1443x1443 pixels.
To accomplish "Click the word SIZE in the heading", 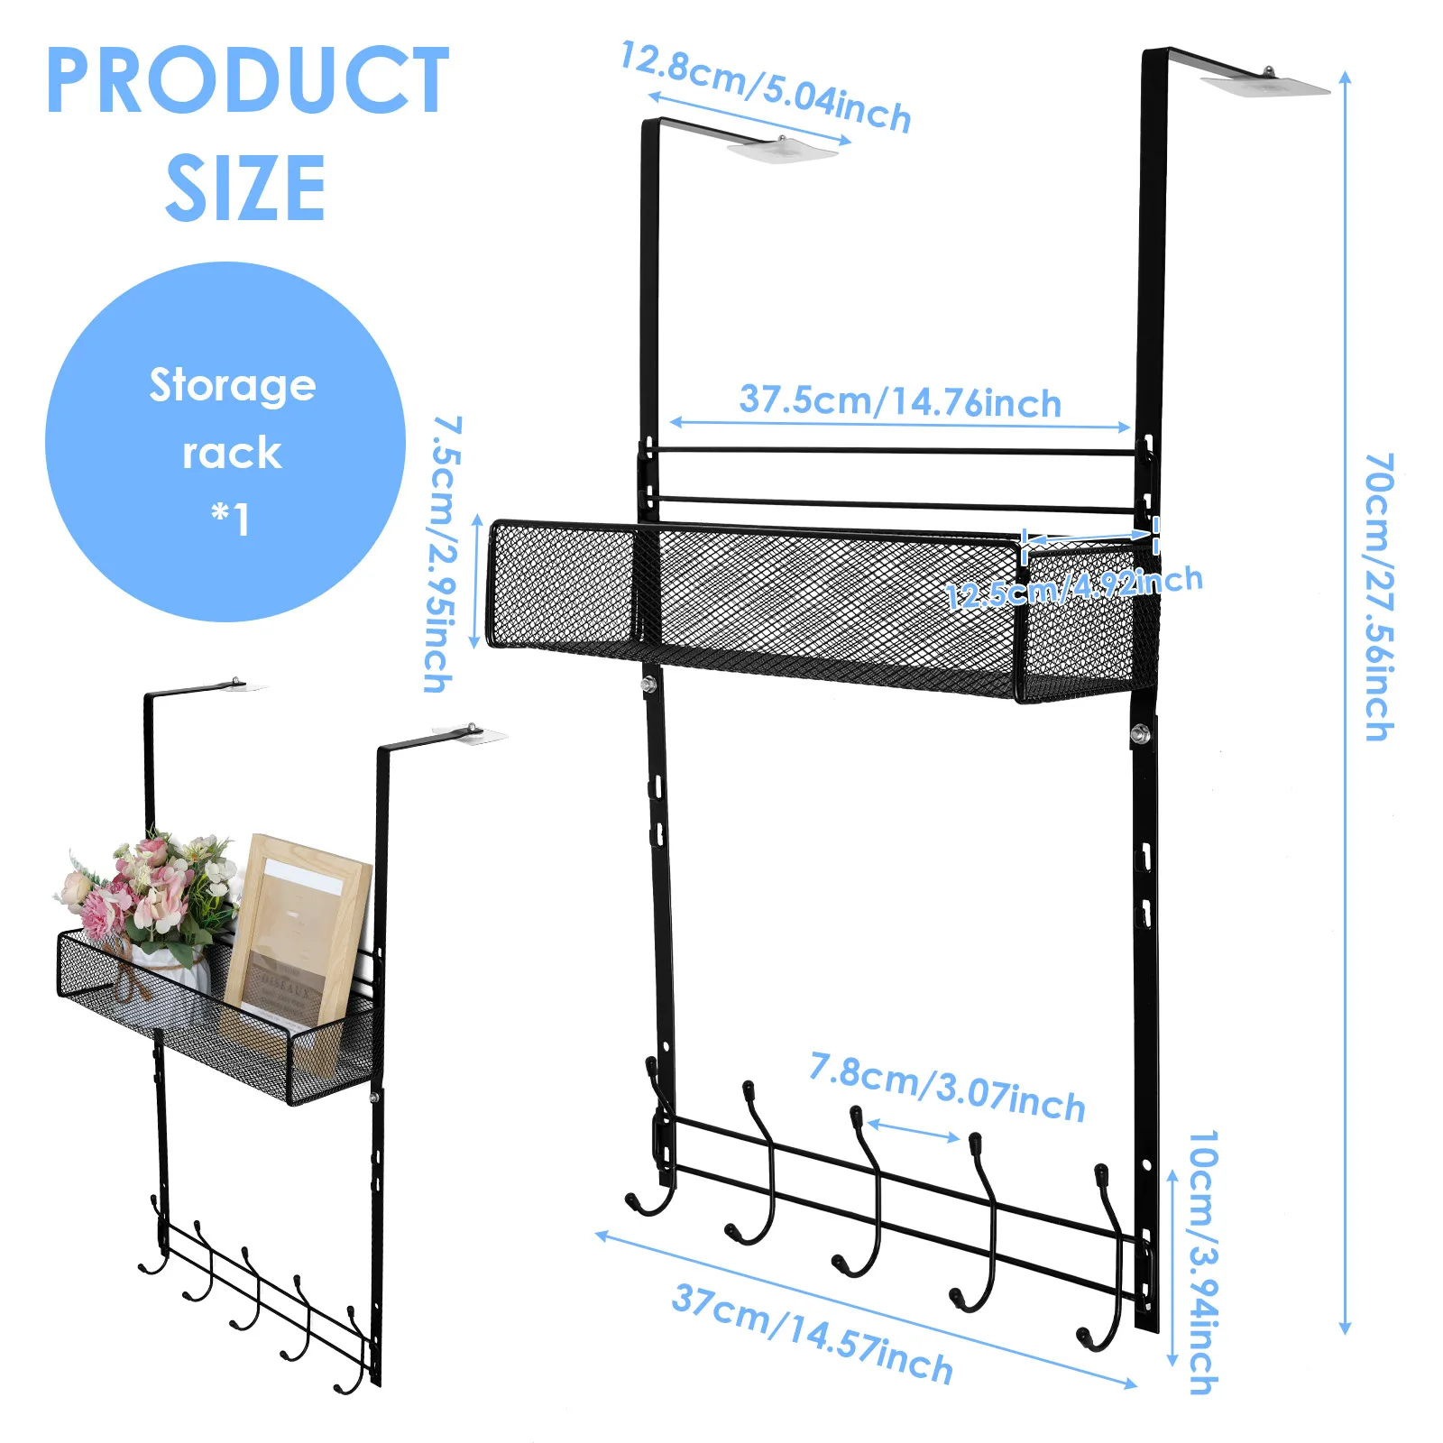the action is coord(245,188).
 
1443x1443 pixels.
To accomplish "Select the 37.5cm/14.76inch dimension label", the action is coord(900,401).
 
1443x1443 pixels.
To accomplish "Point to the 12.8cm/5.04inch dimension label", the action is coord(766,88).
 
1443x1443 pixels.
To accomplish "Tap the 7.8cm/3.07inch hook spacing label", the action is coord(947,1088).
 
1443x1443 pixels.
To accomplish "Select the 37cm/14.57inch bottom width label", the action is coord(813,1334).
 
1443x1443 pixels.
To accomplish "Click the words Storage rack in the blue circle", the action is coord(232,418).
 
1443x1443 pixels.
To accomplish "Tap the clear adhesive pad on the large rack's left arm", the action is coord(782,150).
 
